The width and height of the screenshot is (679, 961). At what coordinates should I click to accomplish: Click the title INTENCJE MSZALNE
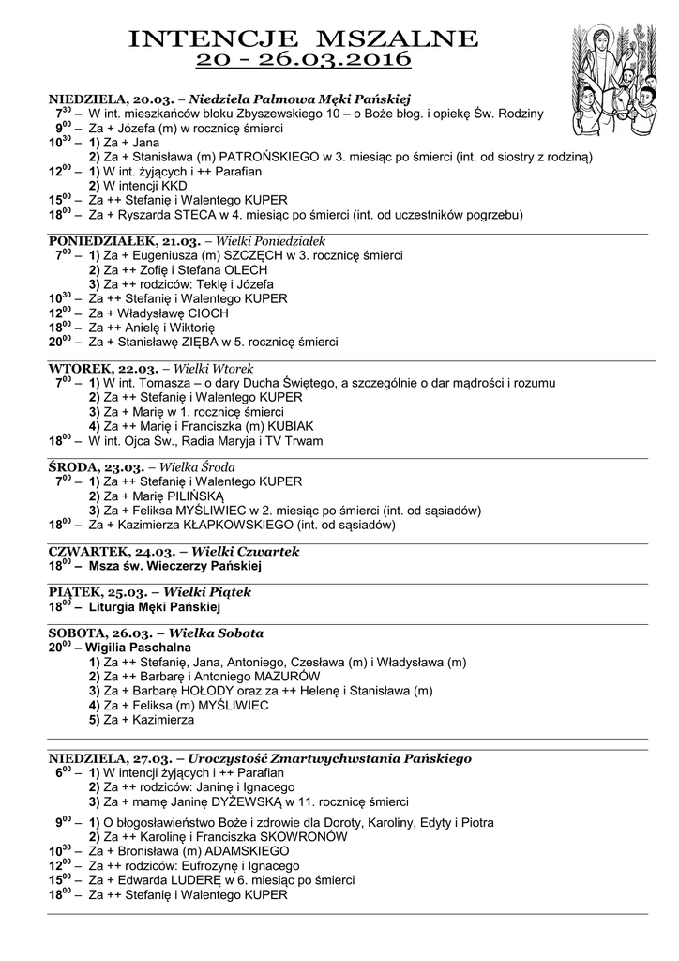coord(303,38)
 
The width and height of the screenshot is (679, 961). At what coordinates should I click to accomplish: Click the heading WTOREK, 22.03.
coord(91,369)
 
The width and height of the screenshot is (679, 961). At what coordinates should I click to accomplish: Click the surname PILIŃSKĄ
coord(189,496)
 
